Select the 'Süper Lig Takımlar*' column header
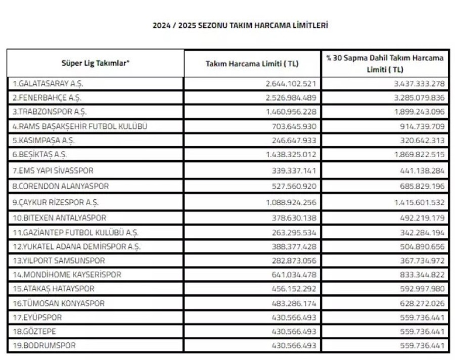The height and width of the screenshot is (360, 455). coord(96,63)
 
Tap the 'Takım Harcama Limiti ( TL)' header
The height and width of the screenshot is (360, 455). coord(252,64)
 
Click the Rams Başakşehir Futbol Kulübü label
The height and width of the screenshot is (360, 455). coord(80,126)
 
